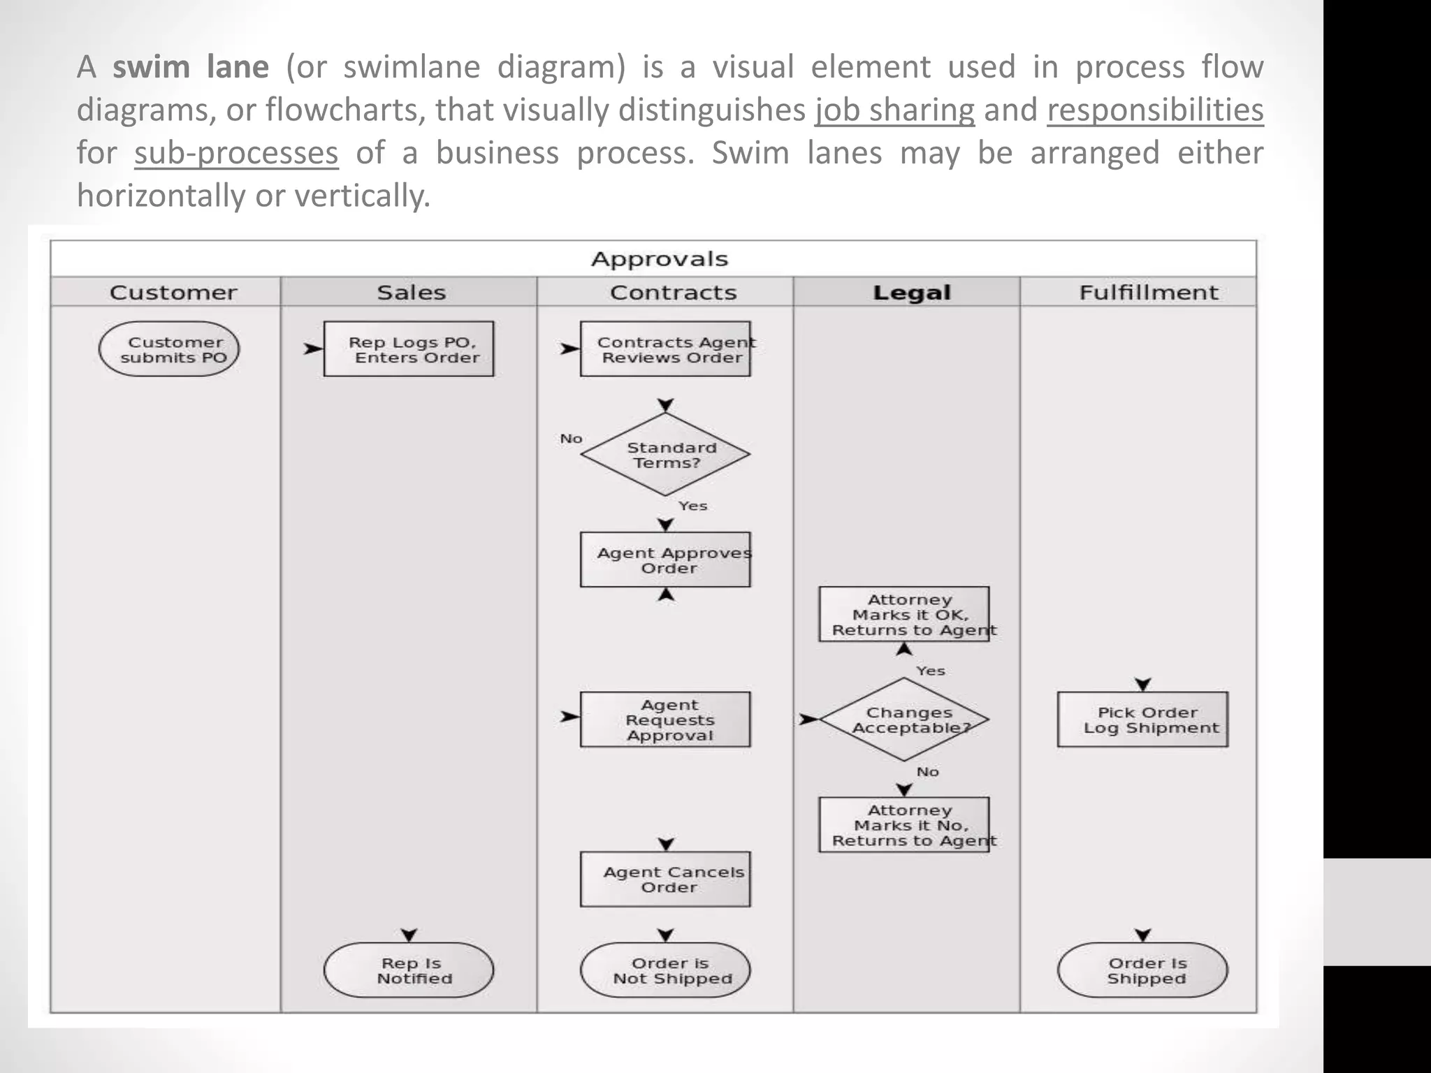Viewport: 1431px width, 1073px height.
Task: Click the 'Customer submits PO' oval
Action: tap(168, 349)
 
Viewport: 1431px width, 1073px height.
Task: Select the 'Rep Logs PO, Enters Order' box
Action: tap(409, 349)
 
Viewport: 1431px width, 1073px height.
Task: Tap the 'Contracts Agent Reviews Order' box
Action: tap(665, 349)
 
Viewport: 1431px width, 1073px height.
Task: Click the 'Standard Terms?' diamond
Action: tap(665, 455)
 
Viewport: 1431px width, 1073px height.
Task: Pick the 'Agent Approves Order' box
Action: tap(665, 560)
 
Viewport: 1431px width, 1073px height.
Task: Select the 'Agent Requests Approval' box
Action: tap(665, 720)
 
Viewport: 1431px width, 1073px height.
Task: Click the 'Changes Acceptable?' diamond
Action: tap(904, 720)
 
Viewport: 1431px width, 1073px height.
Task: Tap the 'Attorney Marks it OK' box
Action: tap(904, 615)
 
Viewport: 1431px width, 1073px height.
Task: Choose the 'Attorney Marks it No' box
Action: tap(904, 825)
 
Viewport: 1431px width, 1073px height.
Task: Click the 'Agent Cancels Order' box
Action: tap(665, 879)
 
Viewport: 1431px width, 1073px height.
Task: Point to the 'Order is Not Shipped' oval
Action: tap(665, 970)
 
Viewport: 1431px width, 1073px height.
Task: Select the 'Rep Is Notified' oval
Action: tap(409, 970)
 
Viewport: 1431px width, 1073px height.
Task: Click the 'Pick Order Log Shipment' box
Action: tap(1142, 720)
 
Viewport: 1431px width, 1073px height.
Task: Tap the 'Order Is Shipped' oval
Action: tap(1142, 970)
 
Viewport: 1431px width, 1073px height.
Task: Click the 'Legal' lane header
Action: tap(911, 293)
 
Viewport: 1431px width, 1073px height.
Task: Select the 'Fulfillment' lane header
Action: tap(1148, 292)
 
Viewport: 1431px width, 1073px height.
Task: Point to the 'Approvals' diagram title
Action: tap(659, 259)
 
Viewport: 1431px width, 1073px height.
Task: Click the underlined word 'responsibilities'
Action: tap(1155, 110)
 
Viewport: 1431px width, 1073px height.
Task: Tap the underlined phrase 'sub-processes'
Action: tap(236, 153)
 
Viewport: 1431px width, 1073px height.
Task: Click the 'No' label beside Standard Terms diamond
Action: tap(571, 439)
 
